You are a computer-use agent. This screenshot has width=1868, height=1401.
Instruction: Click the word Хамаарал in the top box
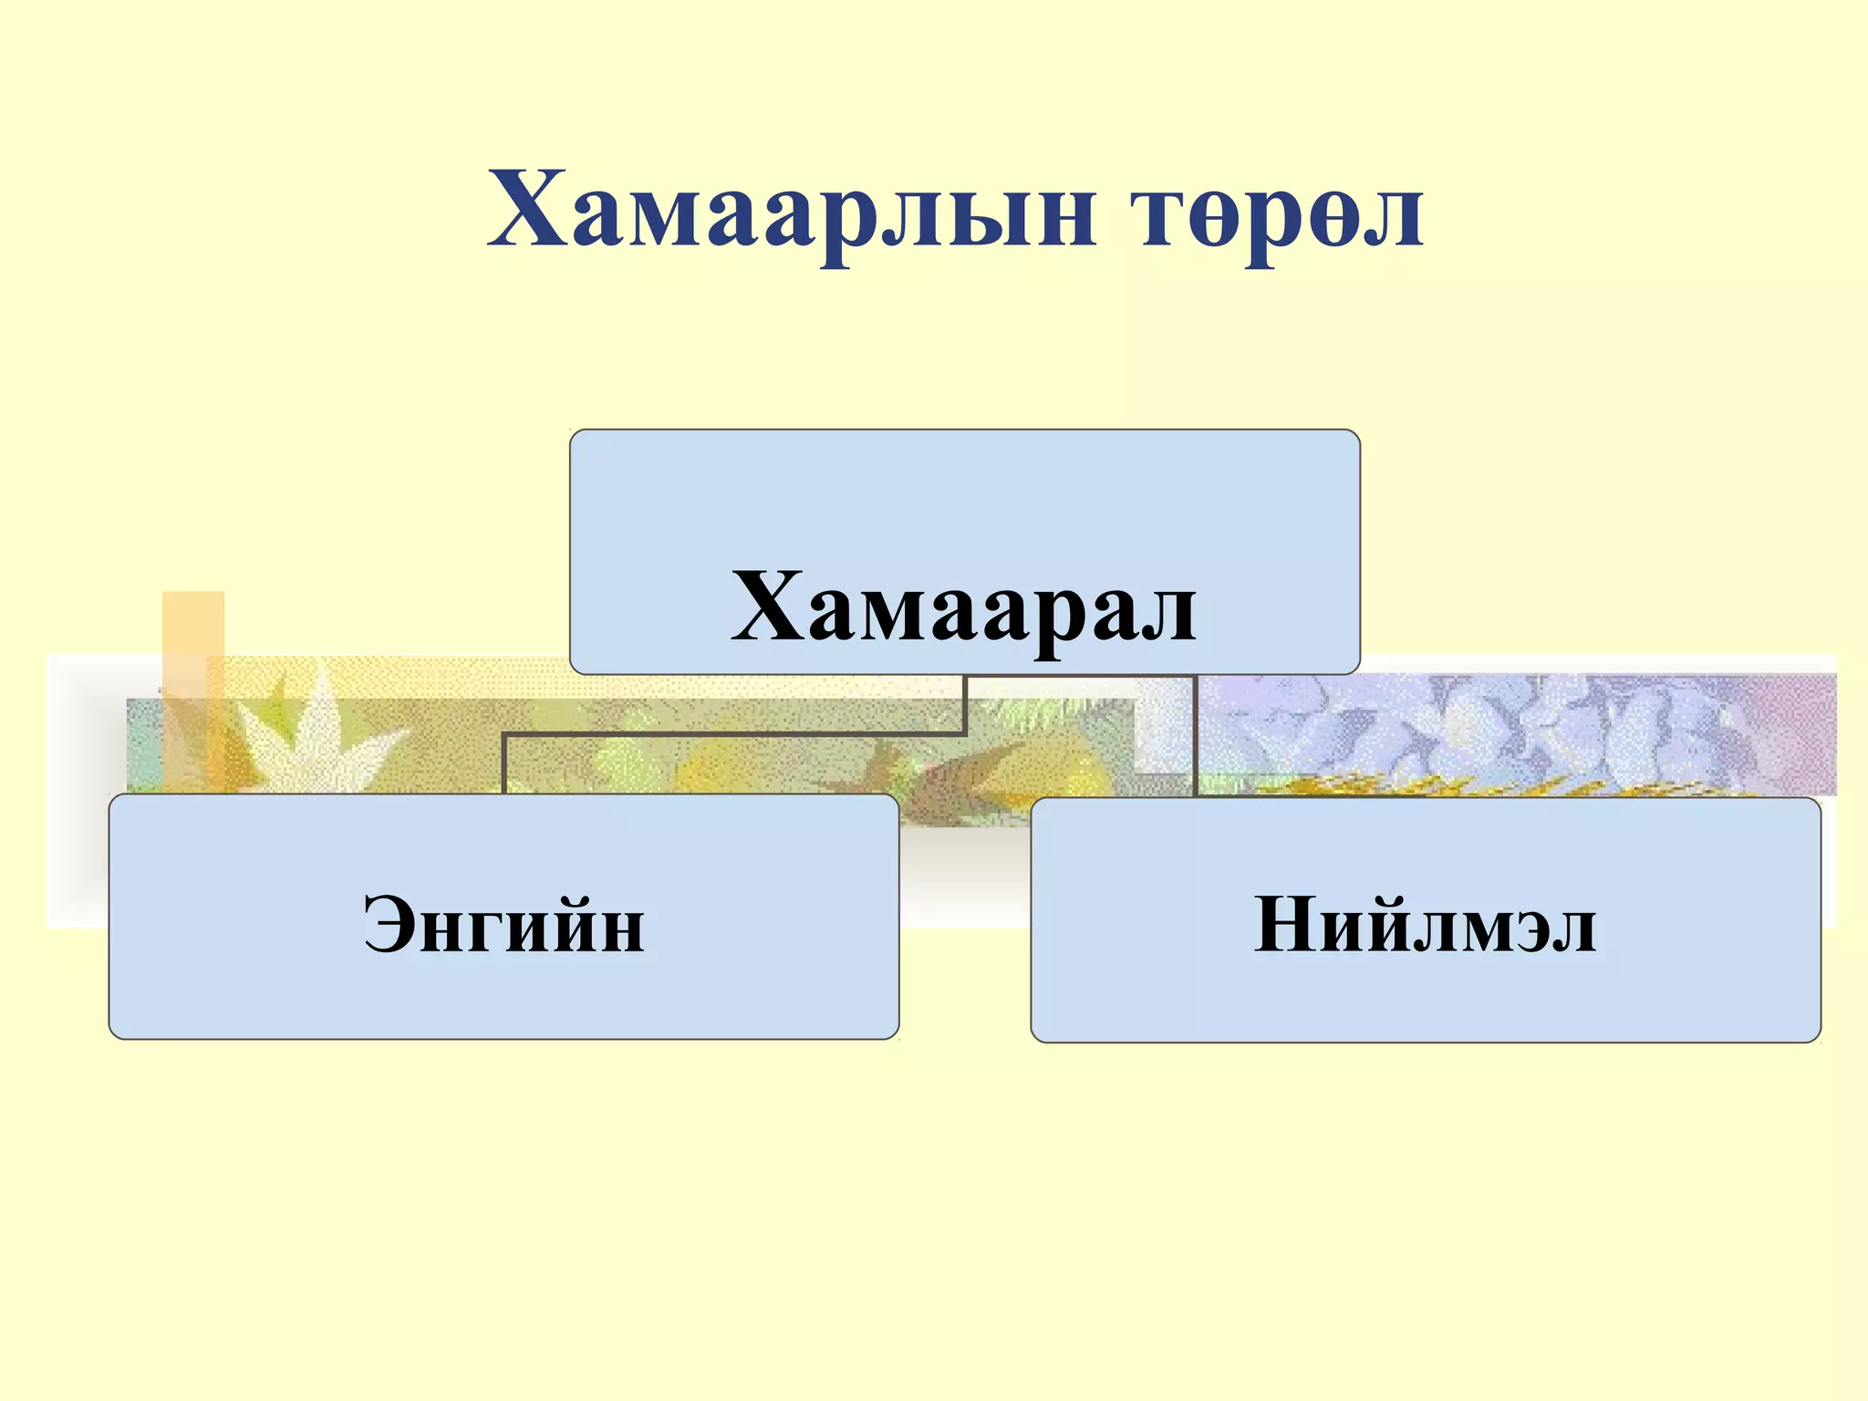click(964, 607)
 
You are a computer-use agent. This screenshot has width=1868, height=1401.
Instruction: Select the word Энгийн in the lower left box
click(503, 924)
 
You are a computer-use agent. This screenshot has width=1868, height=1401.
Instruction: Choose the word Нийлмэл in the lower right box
click(1425, 924)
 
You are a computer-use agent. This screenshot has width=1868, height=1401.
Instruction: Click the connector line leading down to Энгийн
click(503, 762)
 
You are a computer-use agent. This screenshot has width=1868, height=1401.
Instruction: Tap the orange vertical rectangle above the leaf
click(193, 638)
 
